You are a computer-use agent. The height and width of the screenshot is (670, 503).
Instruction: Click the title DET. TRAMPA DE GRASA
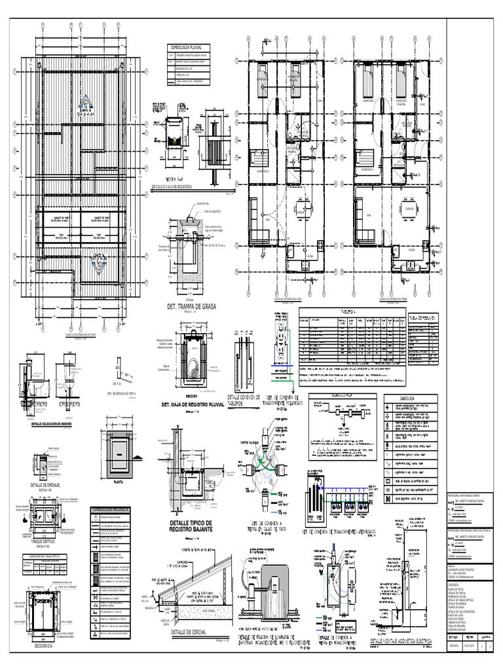click(x=191, y=306)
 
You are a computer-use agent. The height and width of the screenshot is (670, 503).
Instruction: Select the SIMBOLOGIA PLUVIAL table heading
click(x=189, y=48)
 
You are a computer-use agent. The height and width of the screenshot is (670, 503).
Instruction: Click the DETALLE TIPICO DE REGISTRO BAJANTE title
click(x=191, y=509)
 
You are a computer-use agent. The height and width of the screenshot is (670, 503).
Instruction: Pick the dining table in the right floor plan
click(x=409, y=210)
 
